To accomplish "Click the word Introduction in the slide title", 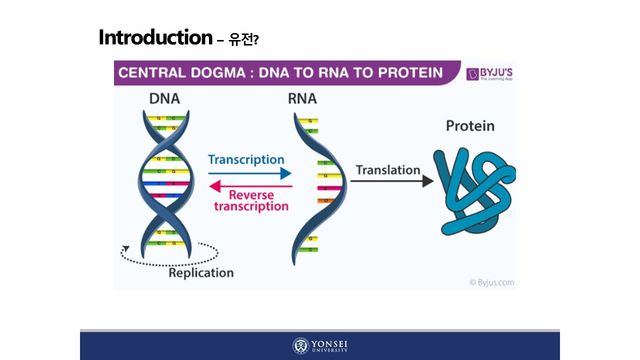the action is (155, 37).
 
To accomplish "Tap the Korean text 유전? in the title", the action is (243, 39).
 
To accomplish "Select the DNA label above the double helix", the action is (164, 98).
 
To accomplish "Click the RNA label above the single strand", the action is (302, 98).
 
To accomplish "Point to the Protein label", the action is (470, 125).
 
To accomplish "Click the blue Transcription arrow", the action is (250, 173).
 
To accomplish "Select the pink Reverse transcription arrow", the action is (250, 186).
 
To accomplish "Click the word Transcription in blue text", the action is (246, 160).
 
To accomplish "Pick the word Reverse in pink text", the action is (251, 195).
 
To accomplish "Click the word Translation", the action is (388, 170).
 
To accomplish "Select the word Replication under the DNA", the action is (201, 273).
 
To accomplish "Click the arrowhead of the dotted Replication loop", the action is (126, 248).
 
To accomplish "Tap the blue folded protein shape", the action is (472, 192).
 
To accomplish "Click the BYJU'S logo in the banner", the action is (489, 74).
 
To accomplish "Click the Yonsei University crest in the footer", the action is (301, 346).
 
